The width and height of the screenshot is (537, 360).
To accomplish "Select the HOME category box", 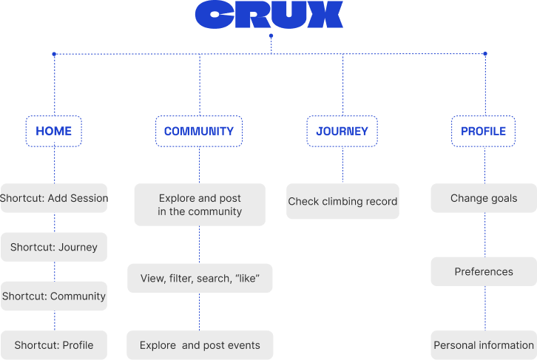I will tap(54, 131).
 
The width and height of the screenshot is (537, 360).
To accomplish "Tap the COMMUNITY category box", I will tap(199, 131).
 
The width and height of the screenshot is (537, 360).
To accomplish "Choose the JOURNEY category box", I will tap(342, 131).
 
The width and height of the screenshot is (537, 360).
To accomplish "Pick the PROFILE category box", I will tap(484, 131).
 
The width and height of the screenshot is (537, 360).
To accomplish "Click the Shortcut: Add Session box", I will tap(54, 198).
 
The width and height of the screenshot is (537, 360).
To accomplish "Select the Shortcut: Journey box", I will tap(54, 247).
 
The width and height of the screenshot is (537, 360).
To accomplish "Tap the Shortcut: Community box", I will tap(54, 296).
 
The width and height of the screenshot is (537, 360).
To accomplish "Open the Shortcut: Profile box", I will tap(54, 345).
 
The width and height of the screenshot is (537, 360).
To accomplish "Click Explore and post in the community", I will tap(200, 205).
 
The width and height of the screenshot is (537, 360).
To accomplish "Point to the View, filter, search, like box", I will tap(200, 278).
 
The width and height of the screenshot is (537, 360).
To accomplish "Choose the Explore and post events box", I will tap(200, 345).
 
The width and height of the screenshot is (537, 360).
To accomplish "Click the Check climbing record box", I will tap(342, 201).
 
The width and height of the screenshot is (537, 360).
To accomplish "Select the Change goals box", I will tap(484, 198).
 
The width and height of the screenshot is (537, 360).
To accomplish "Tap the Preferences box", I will tap(484, 271).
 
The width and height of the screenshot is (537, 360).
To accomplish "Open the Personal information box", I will tap(484, 345).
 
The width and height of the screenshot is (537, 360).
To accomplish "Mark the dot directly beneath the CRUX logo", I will tap(271, 35).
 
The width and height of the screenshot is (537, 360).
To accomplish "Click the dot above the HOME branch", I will tap(54, 53).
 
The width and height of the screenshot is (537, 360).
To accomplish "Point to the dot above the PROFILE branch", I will tap(485, 53).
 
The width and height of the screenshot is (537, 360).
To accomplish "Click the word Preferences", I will tap(484, 271).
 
